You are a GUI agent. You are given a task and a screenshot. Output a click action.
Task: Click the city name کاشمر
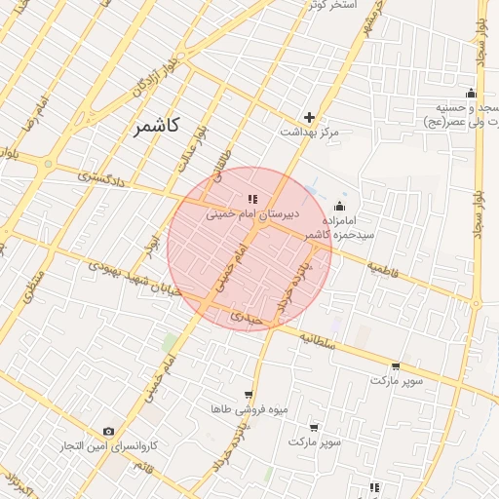[x=159, y=127]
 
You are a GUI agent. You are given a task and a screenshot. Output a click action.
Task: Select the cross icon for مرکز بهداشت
[x=310, y=117]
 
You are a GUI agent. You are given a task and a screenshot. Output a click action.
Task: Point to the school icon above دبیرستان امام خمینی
[x=253, y=199]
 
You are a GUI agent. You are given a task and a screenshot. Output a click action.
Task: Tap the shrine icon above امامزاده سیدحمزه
[x=339, y=206]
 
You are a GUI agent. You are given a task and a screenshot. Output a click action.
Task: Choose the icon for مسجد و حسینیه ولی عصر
[x=471, y=94]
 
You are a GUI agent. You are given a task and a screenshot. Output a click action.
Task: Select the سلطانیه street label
[x=318, y=341]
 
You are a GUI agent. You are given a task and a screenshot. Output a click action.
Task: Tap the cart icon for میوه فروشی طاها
[x=249, y=396]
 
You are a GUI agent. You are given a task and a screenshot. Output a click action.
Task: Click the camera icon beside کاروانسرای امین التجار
[x=108, y=431]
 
